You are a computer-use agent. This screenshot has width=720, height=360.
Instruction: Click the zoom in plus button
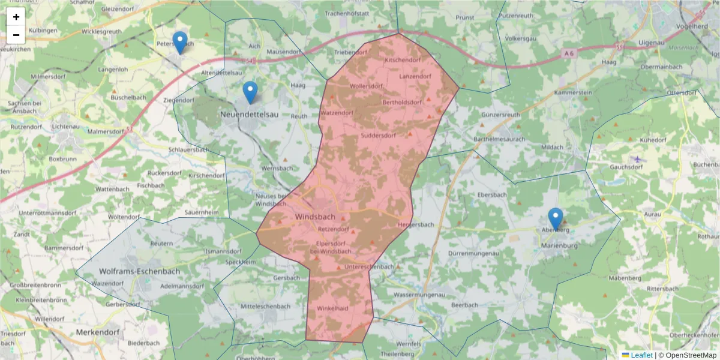tap(16, 17)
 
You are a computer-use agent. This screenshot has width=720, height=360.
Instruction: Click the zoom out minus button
tap(16, 35)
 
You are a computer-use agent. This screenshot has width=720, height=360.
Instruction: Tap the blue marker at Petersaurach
tap(179, 43)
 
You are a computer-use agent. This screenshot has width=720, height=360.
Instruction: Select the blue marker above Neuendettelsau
tap(250, 92)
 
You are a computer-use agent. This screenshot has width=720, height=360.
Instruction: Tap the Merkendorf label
tap(98, 332)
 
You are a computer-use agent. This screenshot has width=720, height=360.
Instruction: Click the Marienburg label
tap(559, 245)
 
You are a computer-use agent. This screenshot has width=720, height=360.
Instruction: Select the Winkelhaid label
tap(332, 308)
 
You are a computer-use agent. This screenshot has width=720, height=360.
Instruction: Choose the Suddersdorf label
tap(378, 136)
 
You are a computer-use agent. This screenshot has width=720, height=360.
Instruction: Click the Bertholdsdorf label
tap(401, 102)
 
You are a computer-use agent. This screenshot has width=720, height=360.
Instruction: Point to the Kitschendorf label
tap(402, 60)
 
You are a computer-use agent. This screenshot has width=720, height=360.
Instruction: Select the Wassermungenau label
tap(419, 295)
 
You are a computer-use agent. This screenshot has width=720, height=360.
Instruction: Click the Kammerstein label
tap(573, 93)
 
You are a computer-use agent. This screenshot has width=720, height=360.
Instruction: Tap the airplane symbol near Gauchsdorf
tap(637, 159)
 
